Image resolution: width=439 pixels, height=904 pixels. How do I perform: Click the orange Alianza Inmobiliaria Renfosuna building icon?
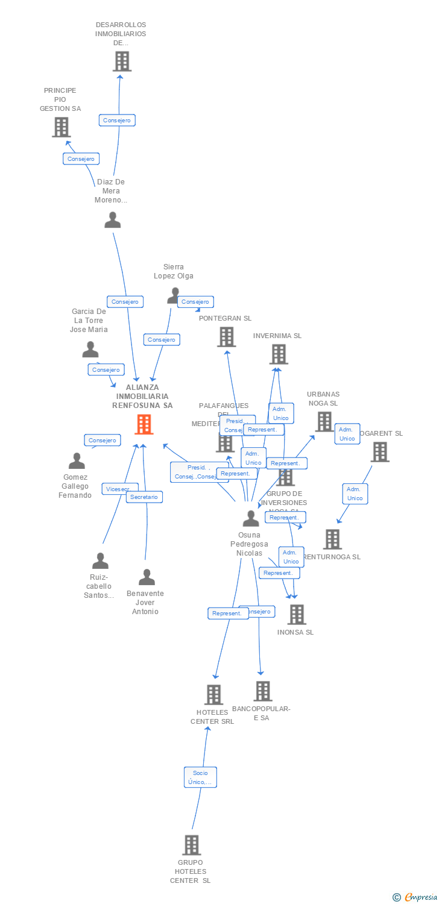pos(144,424)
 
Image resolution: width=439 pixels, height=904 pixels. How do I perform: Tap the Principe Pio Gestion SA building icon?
pos(61,127)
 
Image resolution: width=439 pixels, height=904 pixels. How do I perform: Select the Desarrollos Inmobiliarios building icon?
pos(122,61)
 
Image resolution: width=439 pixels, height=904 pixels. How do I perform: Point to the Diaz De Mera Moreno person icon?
pos(113,221)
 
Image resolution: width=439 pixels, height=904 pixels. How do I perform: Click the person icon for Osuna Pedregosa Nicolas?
pos(251,518)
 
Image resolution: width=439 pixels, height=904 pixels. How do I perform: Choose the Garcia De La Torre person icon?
pos(90,350)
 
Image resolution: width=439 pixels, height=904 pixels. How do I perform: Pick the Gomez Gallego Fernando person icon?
pos(77,461)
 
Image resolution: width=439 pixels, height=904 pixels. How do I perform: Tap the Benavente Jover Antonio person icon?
pos(147,577)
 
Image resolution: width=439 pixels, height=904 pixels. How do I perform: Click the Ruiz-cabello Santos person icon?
pos(100,561)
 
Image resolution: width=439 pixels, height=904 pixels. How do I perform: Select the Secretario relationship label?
pos(144,497)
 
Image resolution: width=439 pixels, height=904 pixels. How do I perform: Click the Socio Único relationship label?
pos(200,777)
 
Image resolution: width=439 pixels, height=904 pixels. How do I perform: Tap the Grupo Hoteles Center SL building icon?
pos(191,845)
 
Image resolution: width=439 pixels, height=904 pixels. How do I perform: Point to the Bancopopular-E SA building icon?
pos(262,691)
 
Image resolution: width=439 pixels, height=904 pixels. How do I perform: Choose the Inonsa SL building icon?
pos(297,614)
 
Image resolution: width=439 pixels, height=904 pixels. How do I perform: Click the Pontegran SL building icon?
pos(226,337)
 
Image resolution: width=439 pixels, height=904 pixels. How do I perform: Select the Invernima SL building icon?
pos(278,354)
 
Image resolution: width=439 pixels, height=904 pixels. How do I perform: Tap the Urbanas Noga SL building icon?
pos(324,421)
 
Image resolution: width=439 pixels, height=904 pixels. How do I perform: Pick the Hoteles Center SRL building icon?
pos(213,694)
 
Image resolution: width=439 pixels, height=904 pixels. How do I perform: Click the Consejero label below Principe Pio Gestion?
pos(81,159)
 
